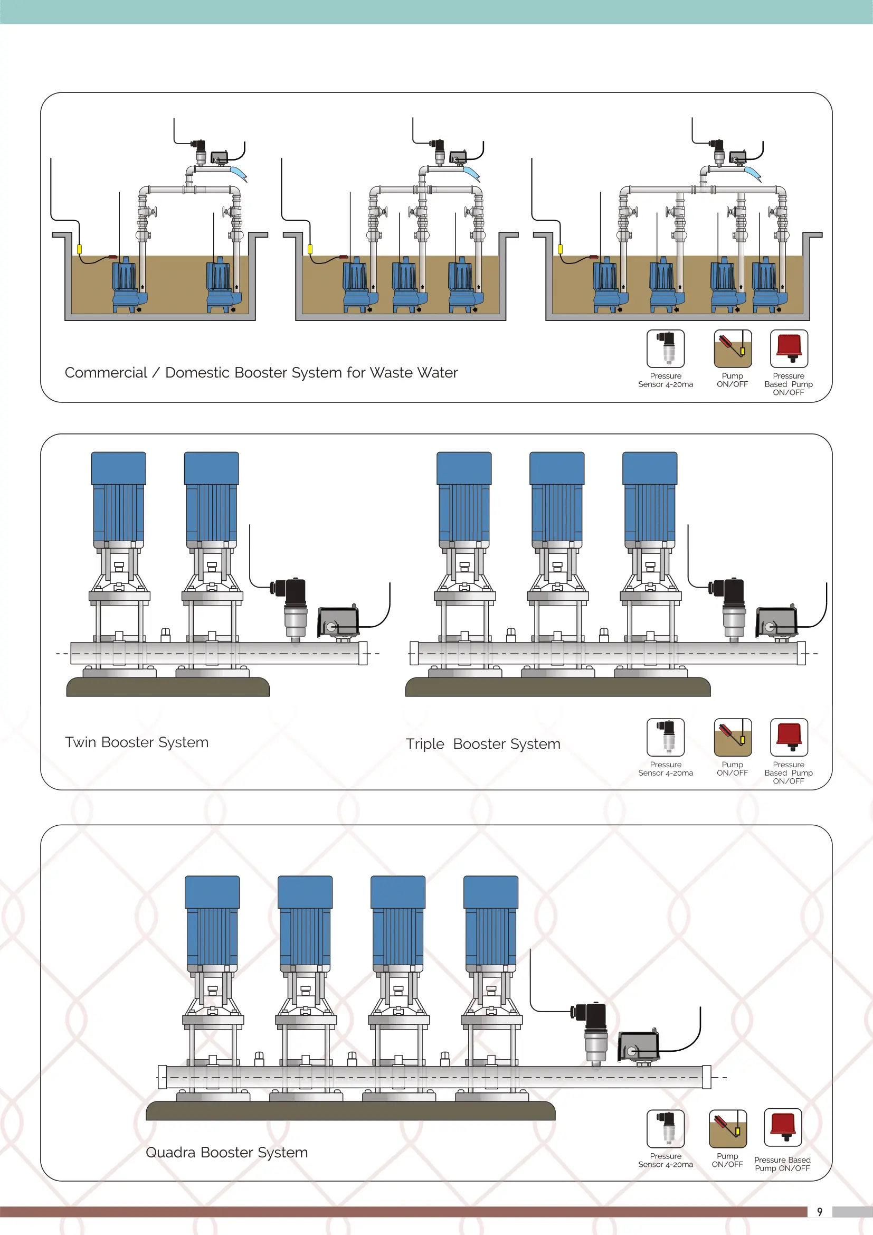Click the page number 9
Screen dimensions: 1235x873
(819, 1212)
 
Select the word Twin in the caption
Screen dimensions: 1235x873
(81, 742)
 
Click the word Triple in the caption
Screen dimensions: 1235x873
(425, 744)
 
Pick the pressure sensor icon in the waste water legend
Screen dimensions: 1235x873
(666, 348)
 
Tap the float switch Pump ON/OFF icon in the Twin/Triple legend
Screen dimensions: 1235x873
(732, 737)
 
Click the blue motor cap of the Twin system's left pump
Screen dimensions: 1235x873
(118, 468)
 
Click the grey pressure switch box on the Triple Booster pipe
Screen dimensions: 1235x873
(776, 621)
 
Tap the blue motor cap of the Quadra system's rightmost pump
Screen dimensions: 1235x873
(490, 892)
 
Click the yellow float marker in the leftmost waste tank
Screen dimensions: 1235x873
(80, 249)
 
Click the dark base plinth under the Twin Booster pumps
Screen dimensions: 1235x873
(168, 687)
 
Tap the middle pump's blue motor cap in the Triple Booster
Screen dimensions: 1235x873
(556, 468)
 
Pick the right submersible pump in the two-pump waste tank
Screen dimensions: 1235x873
(220, 285)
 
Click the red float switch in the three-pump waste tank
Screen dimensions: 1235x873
(344, 257)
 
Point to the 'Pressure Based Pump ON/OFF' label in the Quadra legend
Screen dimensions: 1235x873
(782, 1164)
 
